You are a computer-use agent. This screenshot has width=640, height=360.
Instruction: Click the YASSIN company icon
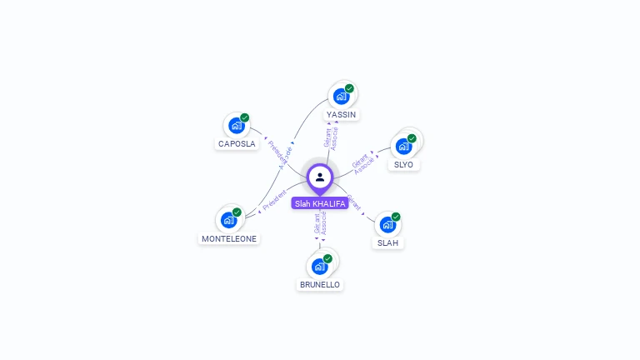click(341, 97)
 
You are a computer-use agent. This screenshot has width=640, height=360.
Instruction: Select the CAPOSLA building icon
click(237, 126)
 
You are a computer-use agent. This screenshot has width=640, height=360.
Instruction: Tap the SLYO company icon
click(404, 147)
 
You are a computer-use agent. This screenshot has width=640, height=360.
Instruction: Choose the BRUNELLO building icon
click(319, 267)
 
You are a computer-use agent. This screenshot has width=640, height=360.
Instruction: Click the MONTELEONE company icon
click(228, 221)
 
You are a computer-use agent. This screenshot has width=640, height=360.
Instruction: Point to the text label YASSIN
click(342, 114)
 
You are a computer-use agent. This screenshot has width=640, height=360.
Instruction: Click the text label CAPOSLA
click(237, 143)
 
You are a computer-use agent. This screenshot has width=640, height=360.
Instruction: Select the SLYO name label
click(403, 164)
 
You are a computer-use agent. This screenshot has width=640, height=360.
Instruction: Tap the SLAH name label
click(387, 242)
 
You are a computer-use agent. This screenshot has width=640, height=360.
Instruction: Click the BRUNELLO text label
click(320, 284)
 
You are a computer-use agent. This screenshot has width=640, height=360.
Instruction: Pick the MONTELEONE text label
click(229, 238)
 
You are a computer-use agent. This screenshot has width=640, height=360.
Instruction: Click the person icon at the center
click(320, 177)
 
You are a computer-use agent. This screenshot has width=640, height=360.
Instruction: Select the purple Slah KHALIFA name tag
click(320, 203)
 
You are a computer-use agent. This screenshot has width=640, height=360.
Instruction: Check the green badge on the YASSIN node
click(349, 88)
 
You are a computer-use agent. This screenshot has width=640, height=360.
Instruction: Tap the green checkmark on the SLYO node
click(412, 138)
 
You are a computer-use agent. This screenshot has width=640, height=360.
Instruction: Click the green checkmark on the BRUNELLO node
click(327, 258)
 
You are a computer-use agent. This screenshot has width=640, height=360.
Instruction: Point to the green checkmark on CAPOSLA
click(244, 117)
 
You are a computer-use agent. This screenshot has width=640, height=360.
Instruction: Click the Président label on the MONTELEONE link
click(274, 200)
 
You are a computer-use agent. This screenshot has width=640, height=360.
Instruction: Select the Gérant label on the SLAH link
click(353, 202)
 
